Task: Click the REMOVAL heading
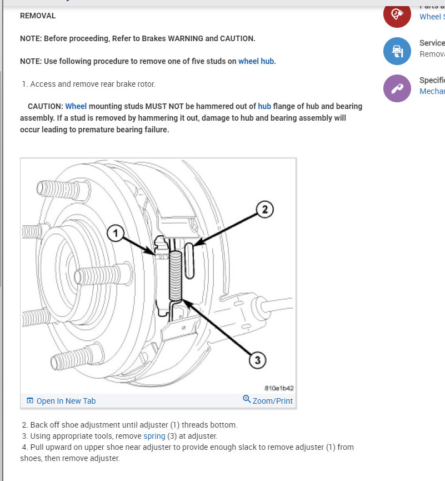pyautogui.click(x=38, y=16)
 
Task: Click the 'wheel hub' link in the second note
pyautogui.click(x=256, y=61)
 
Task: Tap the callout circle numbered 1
pyautogui.click(x=116, y=234)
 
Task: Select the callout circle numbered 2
pyautogui.click(x=265, y=209)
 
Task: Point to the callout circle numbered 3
pyautogui.click(x=257, y=360)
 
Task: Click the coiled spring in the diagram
pyautogui.click(x=176, y=276)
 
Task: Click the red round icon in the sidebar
pyautogui.click(x=397, y=14)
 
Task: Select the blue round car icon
pyautogui.click(x=397, y=51)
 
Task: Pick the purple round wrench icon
pyautogui.click(x=397, y=88)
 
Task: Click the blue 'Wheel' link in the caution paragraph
pyautogui.click(x=76, y=106)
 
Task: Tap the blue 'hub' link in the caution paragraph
pyautogui.click(x=264, y=106)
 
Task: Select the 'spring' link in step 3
pyautogui.click(x=154, y=436)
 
